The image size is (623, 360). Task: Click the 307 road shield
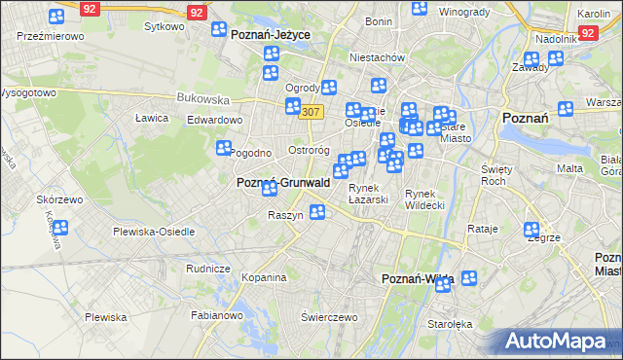coord(311,112)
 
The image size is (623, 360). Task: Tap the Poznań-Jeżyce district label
coord(271,33)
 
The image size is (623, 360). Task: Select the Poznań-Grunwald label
coord(283,182)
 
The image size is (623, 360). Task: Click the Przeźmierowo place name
coord(51,35)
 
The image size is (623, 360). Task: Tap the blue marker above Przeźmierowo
coord(55,18)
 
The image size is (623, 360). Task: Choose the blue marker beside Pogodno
coord(224,148)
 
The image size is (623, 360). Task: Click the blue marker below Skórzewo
coord(59,229)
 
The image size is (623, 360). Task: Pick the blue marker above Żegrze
coord(532,231)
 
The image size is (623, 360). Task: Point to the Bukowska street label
coord(202,98)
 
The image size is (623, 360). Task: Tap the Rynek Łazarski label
coord(369,194)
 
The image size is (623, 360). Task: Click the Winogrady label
coord(463,12)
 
